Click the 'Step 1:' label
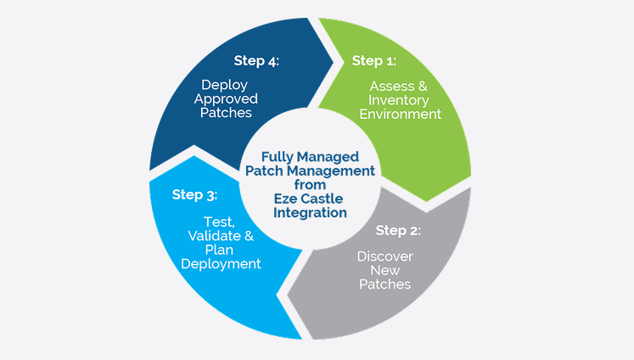[374, 60]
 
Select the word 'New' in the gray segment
[385, 270]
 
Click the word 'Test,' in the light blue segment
[219, 222]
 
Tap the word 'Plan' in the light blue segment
[219, 250]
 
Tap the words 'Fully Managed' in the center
[310, 157]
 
